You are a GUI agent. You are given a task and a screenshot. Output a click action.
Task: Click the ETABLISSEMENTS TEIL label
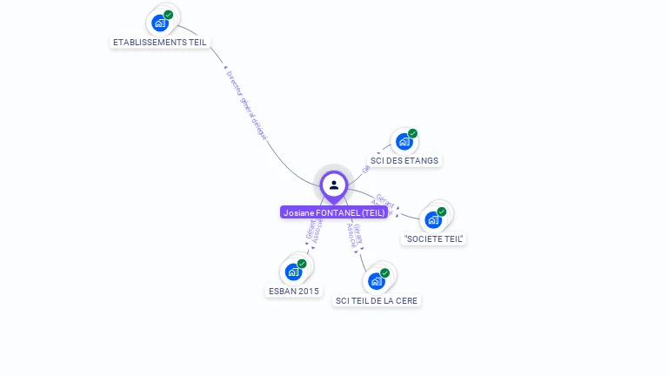tap(160, 42)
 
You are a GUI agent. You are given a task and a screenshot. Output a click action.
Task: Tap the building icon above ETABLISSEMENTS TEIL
tap(159, 23)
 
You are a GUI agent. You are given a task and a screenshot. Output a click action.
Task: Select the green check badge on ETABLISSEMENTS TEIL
tap(169, 15)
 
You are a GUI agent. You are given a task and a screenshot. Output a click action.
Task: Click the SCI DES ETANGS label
tap(404, 160)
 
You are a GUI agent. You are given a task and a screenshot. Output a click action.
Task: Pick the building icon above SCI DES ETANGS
tap(404, 141)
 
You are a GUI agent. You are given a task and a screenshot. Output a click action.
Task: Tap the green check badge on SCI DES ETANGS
tap(413, 133)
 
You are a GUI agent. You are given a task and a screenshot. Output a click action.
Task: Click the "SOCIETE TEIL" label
tap(434, 238)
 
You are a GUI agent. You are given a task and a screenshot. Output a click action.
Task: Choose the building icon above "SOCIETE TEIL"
tap(433, 219)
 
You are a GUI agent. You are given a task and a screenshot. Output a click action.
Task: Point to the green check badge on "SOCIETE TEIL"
tap(442, 211)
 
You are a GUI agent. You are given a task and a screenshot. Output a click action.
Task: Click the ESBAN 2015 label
tap(293, 291)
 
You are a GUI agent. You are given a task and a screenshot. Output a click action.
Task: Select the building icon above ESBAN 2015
tap(293, 272)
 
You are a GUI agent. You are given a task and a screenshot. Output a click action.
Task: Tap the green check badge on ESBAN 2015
tap(302, 264)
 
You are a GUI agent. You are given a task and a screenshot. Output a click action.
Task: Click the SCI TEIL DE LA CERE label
tap(377, 300)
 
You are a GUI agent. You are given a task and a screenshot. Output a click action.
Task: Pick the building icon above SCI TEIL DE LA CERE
tap(376, 281)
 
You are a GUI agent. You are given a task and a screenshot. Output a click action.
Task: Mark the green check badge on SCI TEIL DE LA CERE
tap(384, 272)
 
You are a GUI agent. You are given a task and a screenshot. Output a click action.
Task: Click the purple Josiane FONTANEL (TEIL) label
tap(334, 212)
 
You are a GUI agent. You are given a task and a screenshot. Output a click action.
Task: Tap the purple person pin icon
tap(334, 185)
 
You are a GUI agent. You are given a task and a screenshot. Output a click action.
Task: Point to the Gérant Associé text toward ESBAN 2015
tap(314, 230)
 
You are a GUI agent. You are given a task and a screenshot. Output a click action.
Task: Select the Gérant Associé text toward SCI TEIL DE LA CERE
tap(354, 233)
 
